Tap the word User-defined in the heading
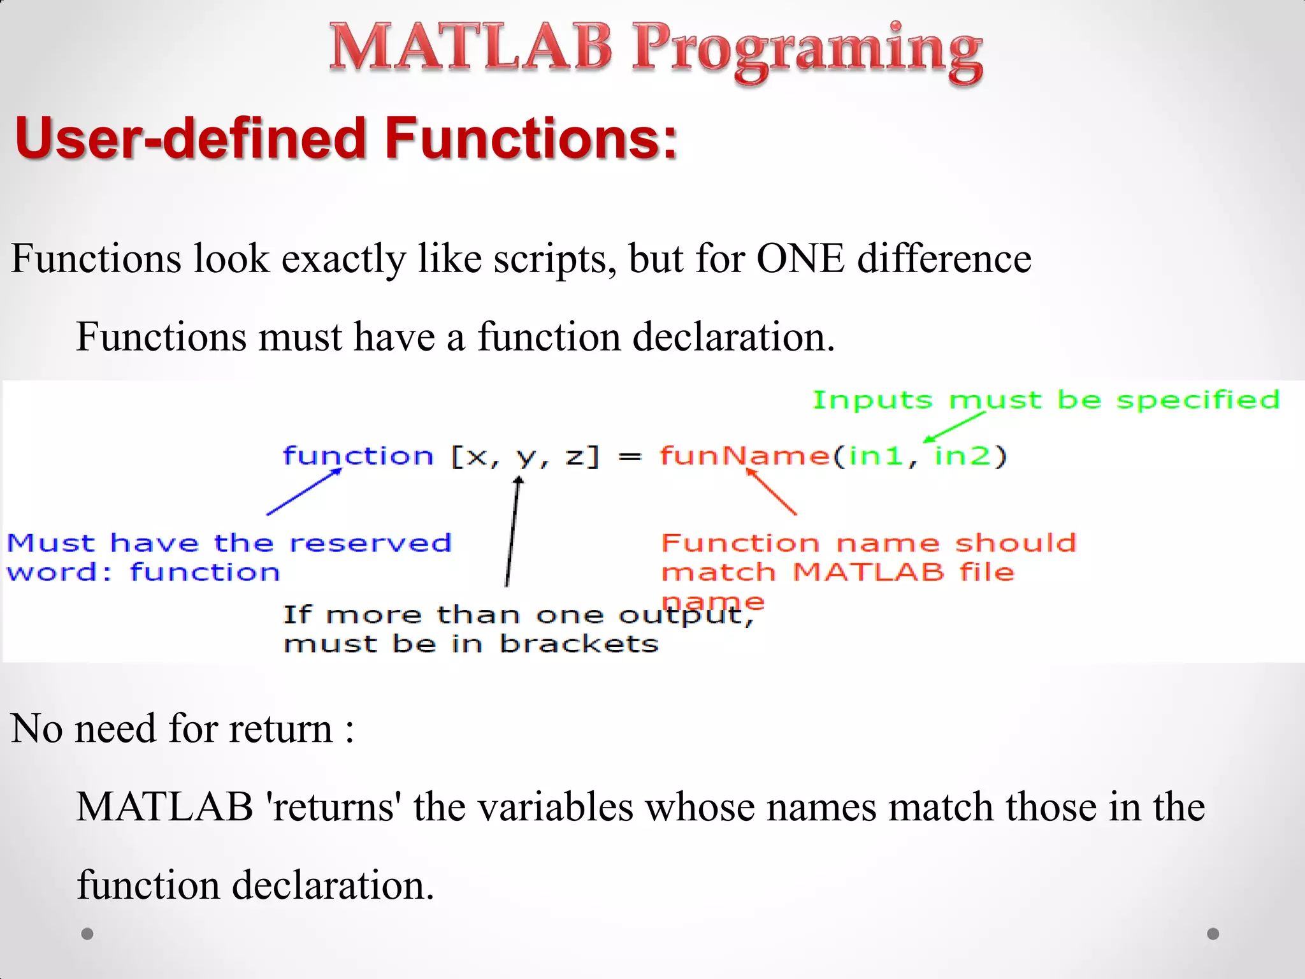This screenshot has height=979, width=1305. [191, 139]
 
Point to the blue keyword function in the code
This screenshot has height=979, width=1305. [358, 456]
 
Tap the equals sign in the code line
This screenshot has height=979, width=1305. [630, 457]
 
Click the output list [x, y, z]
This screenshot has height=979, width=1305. [525, 456]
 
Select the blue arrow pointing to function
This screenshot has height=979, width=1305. [305, 491]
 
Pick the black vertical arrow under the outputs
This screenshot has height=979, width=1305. [513, 532]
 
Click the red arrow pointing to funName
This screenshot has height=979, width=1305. [772, 491]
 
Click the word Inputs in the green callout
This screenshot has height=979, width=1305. [872, 400]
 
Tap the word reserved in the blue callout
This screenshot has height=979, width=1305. [370, 543]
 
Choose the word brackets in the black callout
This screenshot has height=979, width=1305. [579, 644]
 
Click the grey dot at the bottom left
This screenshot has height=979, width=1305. [88, 934]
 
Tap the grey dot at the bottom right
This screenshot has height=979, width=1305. [1213, 934]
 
